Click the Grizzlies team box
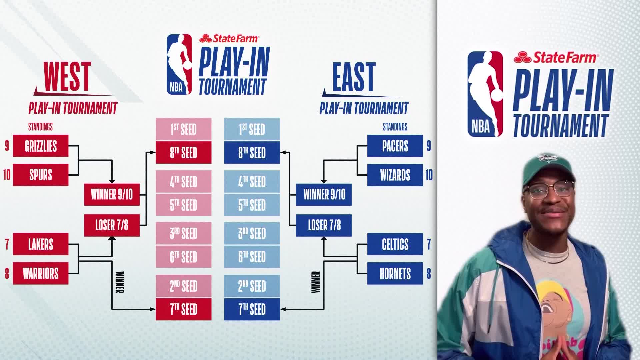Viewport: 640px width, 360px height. [41, 146]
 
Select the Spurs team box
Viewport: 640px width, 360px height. [41, 175]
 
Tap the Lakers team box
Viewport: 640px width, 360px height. [41, 244]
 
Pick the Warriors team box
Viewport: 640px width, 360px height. [41, 273]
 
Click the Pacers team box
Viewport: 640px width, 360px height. [395, 146]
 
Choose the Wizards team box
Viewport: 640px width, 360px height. [395, 175]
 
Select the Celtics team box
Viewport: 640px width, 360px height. [395, 244]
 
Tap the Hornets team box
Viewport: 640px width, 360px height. [395, 273]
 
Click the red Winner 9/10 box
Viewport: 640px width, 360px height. [112, 194]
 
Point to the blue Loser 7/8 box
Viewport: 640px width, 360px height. [324, 225]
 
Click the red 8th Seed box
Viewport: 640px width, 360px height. [184, 153]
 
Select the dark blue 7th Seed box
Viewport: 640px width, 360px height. [252, 309]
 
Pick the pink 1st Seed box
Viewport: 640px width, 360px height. [184, 129]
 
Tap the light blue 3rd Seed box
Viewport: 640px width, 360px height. [252, 233]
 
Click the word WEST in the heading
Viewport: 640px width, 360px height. [67, 77]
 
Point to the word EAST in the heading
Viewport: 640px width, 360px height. [354, 77]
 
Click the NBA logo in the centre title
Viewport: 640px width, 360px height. [179, 64]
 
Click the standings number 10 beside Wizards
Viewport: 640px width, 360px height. [429, 175]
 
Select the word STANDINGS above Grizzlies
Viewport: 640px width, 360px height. [40, 127]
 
